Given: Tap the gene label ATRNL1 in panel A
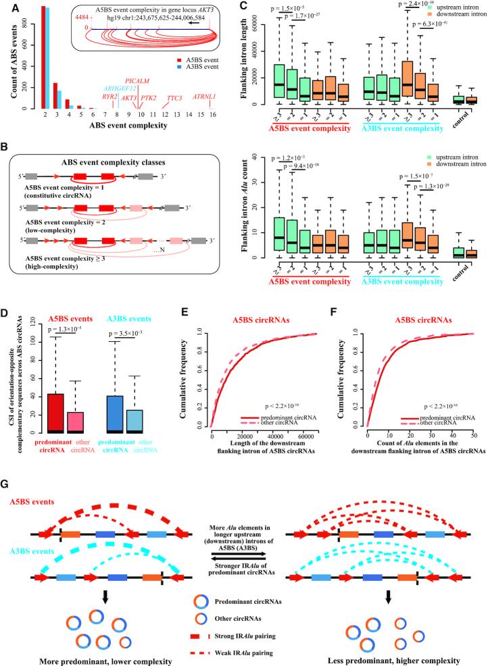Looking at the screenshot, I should [203, 97].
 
